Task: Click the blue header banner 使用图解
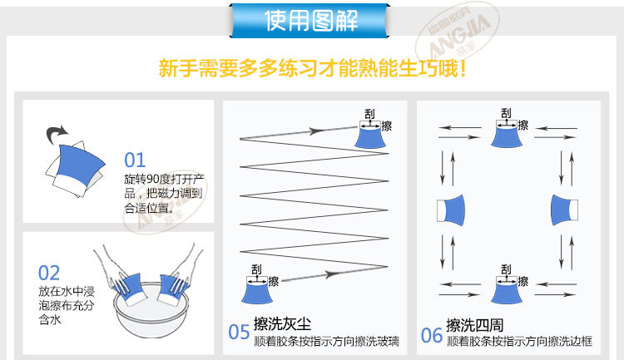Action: coord(312,20)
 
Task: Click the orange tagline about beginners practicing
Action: coord(312,67)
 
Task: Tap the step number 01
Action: coord(135,160)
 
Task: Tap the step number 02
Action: coord(49,273)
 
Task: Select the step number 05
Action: coord(239,333)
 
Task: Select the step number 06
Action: coord(431,334)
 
